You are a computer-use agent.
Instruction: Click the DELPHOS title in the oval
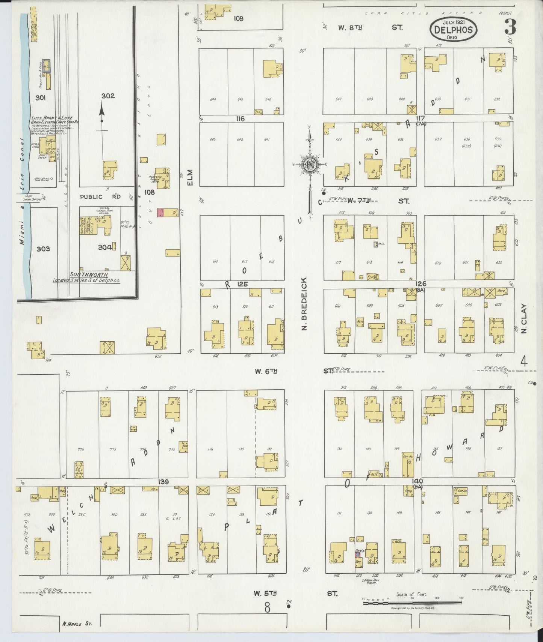453,29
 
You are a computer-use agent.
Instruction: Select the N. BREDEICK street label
304,304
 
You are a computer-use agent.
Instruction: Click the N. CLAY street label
524,319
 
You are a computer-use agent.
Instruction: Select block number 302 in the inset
108,96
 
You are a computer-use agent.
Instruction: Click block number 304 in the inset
105,247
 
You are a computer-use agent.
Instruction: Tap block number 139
163,482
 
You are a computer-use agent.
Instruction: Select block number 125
242,284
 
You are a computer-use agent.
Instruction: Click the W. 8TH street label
347,27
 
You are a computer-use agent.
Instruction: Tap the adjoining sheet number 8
267,607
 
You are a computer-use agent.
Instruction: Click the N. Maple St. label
77,624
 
